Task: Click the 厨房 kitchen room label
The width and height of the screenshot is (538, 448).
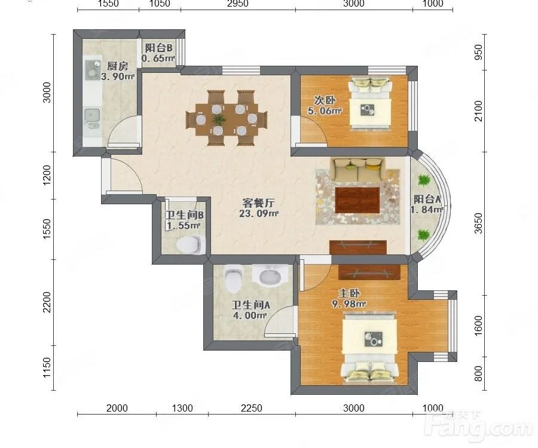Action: point(117,66)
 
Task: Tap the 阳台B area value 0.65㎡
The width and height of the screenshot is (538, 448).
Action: point(158,59)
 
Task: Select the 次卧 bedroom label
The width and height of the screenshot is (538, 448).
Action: point(325,100)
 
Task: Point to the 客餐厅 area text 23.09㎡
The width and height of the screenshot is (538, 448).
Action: point(259,213)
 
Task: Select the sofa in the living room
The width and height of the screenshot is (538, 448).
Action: point(358,169)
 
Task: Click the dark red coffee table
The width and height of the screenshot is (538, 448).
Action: point(357,200)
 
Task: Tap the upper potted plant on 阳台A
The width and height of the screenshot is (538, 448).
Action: point(424,180)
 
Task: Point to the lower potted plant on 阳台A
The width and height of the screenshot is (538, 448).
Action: point(423,235)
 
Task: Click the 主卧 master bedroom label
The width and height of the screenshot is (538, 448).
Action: point(349,293)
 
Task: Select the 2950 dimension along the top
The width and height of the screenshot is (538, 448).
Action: point(238,4)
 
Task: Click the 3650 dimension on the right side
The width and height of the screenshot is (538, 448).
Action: point(478,223)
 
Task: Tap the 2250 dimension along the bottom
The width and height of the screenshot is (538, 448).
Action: point(252,408)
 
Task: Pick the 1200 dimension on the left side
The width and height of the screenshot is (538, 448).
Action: point(47,175)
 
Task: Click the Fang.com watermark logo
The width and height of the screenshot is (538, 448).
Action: point(479,426)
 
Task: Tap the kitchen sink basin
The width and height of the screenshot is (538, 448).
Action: point(92,115)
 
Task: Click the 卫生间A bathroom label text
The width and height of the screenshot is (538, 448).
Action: point(251,305)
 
